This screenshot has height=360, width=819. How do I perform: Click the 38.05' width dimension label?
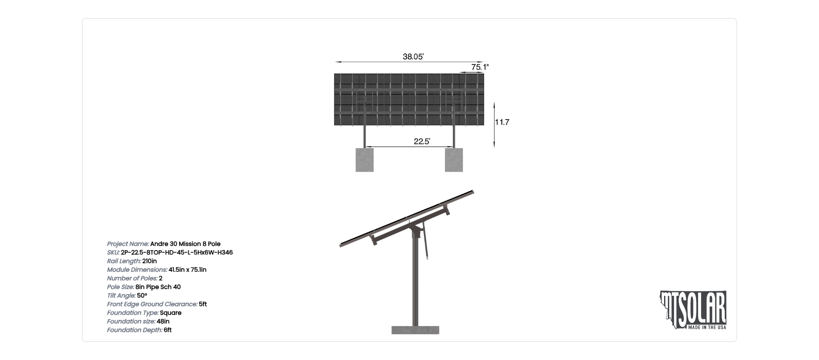[x=413, y=56]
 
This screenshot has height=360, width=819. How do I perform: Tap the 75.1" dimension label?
[x=480, y=67]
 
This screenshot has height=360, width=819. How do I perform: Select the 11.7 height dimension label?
[x=502, y=122]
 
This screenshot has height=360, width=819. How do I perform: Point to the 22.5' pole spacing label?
[x=422, y=141]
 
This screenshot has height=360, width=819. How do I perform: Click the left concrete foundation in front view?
[x=365, y=160]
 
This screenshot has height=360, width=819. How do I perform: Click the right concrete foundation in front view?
[x=454, y=160]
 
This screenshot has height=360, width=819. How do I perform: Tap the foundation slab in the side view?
[x=415, y=330]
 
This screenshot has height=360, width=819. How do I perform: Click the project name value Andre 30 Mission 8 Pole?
[x=185, y=244]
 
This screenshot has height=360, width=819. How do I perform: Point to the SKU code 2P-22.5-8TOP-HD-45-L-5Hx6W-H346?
[x=177, y=252]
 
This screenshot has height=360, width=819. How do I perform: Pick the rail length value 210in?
[x=149, y=261]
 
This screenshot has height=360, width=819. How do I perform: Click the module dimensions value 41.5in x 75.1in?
[x=188, y=270]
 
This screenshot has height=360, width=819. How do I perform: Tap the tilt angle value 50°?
[x=142, y=295]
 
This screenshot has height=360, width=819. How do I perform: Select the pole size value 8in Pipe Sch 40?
[x=158, y=287]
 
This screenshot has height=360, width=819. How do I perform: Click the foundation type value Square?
[x=170, y=313]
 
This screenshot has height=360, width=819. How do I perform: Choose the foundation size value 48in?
[x=163, y=321]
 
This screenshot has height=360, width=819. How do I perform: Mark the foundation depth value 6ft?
[x=167, y=330]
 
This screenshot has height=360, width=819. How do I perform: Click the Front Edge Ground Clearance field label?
[x=152, y=304]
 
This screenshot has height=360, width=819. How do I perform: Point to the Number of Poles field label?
[x=132, y=278]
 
